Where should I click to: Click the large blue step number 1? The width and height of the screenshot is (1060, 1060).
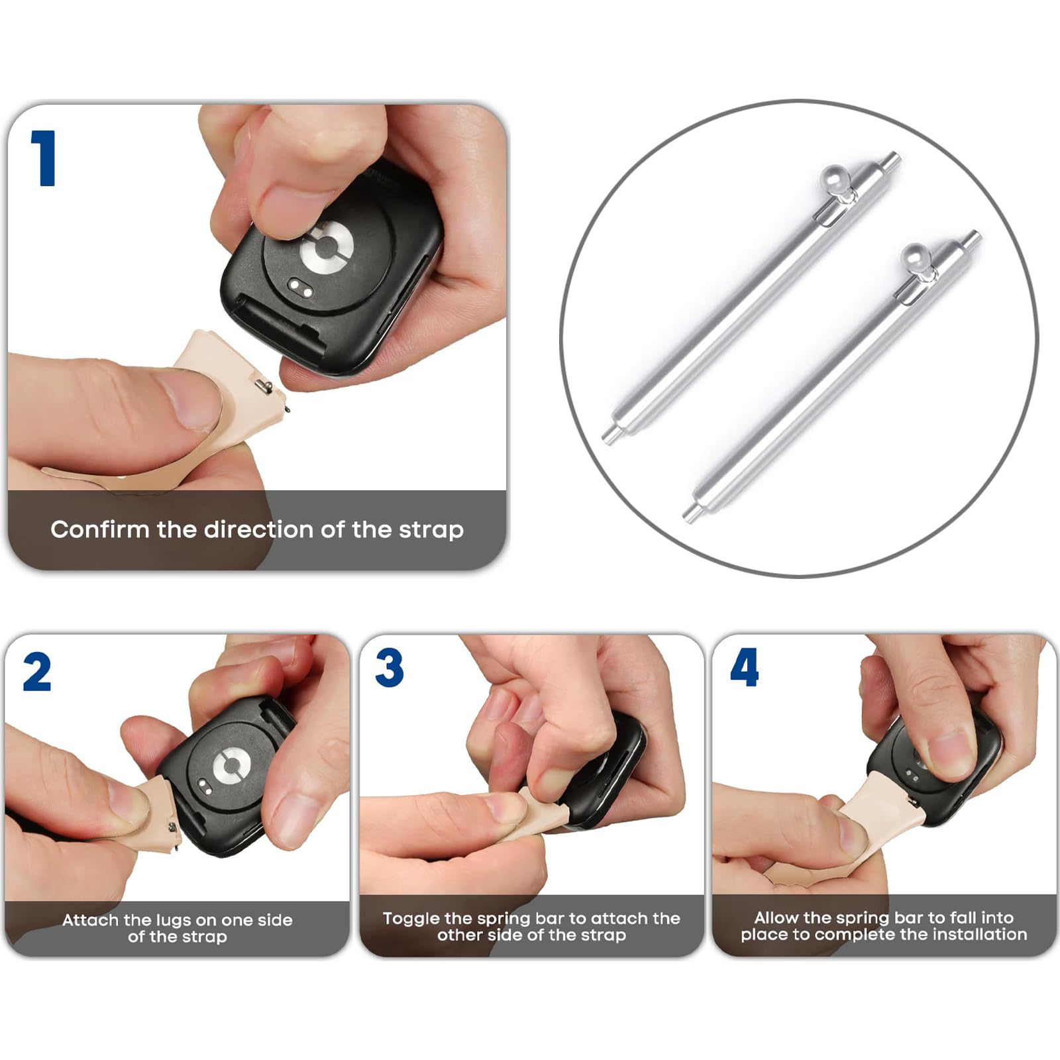(x=44, y=158)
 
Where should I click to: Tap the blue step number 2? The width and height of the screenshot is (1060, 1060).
(x=37, y=672)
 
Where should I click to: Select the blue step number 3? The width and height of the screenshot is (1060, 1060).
(x=390, y=668)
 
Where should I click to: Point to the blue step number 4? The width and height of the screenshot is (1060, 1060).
(x=744, y=668)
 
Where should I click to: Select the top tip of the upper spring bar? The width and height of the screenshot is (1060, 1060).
(x=896, y=156)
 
